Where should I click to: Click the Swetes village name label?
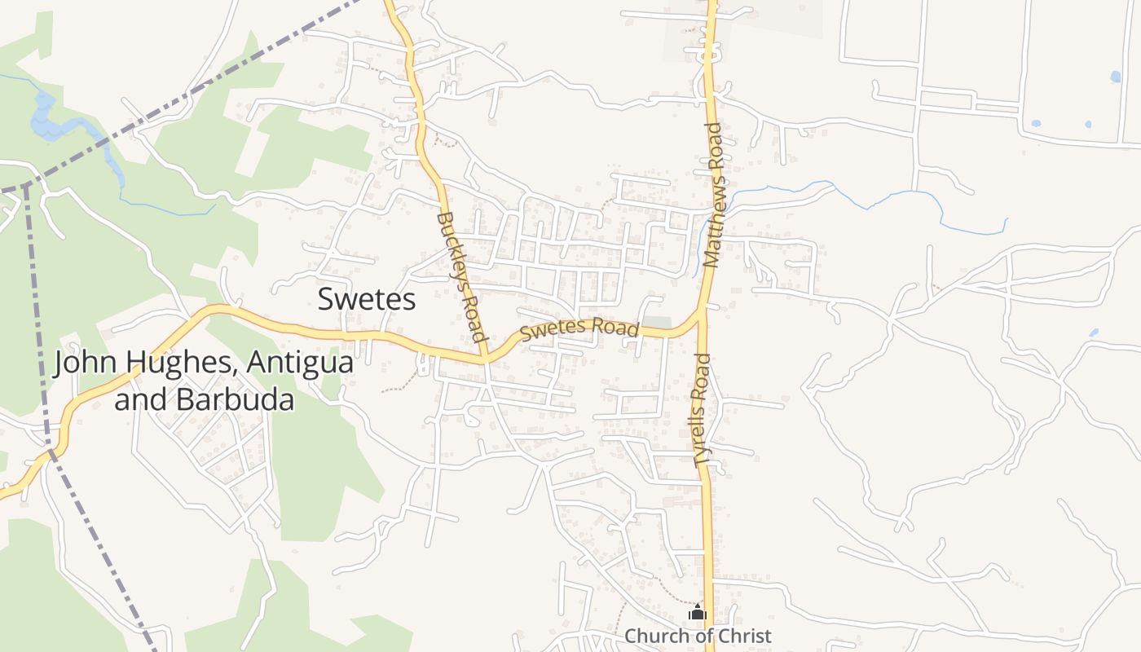[x=367, y=299]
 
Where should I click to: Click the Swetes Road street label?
[x=579, y=329]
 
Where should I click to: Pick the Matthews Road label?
[x=712, y=195]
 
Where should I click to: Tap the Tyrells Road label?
[x=702, y=410]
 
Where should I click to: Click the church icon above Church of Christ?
[x=698, y=612]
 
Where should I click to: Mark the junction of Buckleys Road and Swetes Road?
[x=484, y=358]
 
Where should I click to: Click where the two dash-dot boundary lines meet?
[x=25, y=186]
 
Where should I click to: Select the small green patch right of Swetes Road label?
[x=657, y=322]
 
